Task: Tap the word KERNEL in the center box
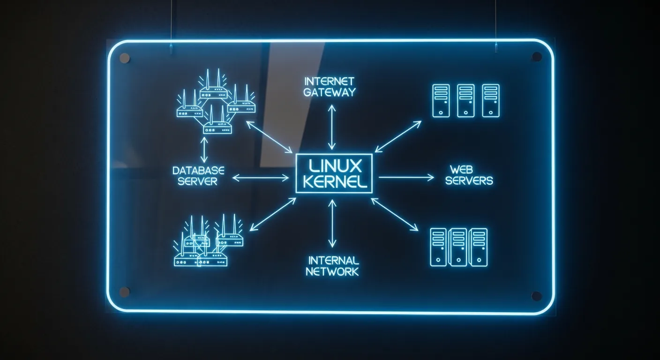tap(334, 182)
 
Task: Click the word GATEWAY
tap(329, 92)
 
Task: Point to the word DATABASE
tap(198, 170)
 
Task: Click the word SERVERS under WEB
tap(469, 180)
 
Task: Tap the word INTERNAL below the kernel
tap(333, 260)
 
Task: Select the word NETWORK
tap(332, 271)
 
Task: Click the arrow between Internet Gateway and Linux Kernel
tap(332, 127)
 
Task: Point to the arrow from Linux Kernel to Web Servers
tap(406, 177)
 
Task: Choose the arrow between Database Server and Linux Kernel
tap(261, 177)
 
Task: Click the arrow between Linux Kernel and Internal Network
tap(332, 223)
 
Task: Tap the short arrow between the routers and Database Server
tap(204, 150)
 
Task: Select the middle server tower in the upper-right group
tap(465, 100)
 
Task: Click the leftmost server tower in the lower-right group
tap(438, 247)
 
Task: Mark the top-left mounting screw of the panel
tap(125, 58)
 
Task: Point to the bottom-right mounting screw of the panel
tap(537, 296)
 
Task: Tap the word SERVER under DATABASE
tap(198, 181)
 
